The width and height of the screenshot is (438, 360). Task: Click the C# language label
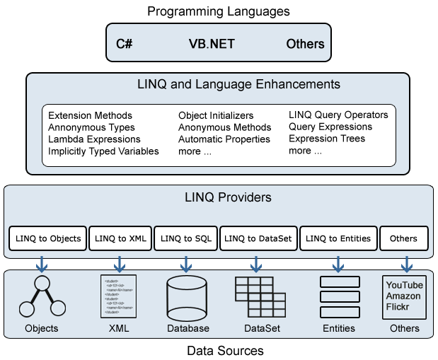point(125,44)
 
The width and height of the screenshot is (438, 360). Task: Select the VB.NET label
point(211,44)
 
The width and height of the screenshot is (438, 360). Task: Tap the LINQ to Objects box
point(49,238)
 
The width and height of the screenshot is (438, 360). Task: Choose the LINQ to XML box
point(120,238)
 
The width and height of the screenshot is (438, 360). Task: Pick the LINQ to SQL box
point(185,238)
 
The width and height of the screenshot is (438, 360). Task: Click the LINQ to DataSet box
point(258,238)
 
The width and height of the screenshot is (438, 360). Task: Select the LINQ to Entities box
point(338,238)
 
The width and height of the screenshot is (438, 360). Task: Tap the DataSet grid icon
point(254,296)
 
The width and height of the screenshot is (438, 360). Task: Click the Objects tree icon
point(40,296)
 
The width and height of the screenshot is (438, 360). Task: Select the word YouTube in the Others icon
point(404,285)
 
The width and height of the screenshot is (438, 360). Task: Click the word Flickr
point(397,307)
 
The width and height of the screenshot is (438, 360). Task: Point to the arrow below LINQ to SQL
point(186,263)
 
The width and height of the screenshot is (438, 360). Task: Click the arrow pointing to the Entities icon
point(338,263)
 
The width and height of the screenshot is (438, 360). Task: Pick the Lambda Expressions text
point(94,139)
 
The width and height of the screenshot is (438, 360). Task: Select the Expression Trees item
point(327,139)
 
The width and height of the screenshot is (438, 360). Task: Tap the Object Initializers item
point(216,115)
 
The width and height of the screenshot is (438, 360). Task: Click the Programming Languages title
point(219,11)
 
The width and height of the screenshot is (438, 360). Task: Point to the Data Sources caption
point(225,351)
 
